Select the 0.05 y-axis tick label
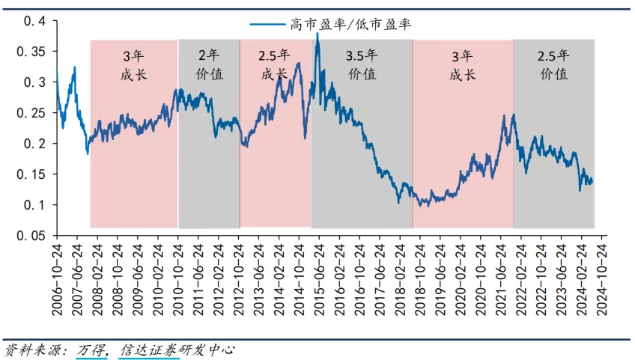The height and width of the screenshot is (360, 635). coord(29,236)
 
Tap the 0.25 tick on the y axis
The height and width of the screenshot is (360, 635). coord(29,112)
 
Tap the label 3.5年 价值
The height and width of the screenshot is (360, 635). coord(362,65)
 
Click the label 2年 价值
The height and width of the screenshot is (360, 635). coord(209,65)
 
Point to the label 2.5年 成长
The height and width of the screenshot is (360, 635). coord(275,65)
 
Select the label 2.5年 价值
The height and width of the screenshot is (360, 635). coord(553,65)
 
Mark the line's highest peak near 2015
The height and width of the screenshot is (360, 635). coord(317,34)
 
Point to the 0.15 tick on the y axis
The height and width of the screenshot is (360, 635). coord(29,174)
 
